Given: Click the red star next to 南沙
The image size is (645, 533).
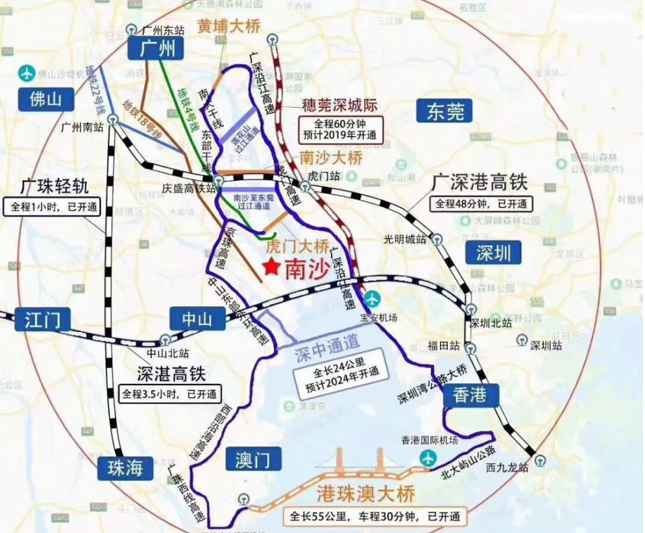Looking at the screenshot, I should coord(271,266).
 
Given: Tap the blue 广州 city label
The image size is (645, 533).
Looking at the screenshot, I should coord(156,48).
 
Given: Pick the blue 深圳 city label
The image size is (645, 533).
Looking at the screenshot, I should coord(493,252).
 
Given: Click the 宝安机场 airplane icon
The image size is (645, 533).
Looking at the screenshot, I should coord(372,299).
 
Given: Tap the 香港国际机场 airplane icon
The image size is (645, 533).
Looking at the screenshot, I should coord(428,457).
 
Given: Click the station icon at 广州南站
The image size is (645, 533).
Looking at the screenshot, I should coord(114,119).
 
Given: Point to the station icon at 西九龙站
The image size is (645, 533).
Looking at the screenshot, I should coord(540,460).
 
